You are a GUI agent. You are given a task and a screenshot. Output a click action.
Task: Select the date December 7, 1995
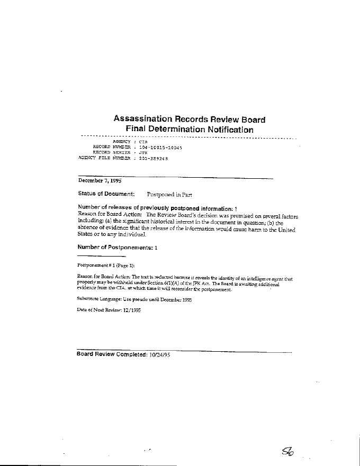100,180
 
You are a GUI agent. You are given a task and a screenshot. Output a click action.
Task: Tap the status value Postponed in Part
169,194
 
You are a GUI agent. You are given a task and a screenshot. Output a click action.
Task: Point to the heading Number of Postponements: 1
117,247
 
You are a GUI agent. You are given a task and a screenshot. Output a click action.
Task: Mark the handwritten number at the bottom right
290,450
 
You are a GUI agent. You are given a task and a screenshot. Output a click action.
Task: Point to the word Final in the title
137,130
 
